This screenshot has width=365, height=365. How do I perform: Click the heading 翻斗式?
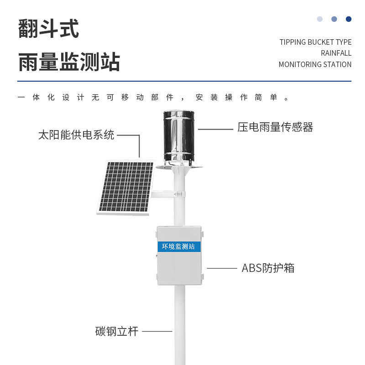48,29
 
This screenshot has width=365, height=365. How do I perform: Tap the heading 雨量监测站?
69,62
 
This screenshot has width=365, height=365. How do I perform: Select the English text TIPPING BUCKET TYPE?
315,42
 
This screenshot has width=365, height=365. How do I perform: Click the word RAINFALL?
336,53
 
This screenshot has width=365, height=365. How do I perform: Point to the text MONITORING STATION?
315,64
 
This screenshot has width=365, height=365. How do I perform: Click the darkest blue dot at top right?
349,19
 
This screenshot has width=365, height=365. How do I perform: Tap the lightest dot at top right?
320,19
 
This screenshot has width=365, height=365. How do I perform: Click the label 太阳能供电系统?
76,135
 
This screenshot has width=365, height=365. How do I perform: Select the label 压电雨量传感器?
275,127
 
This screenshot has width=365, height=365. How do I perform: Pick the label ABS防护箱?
268,268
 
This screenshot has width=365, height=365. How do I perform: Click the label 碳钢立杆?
116,331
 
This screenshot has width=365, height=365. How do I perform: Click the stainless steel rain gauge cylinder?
179,136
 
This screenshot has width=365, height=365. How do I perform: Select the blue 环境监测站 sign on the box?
178,246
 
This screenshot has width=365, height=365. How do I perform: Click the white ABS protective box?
179,269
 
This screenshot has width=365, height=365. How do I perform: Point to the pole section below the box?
180,324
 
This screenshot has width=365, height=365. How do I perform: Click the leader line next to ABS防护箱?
222,268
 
